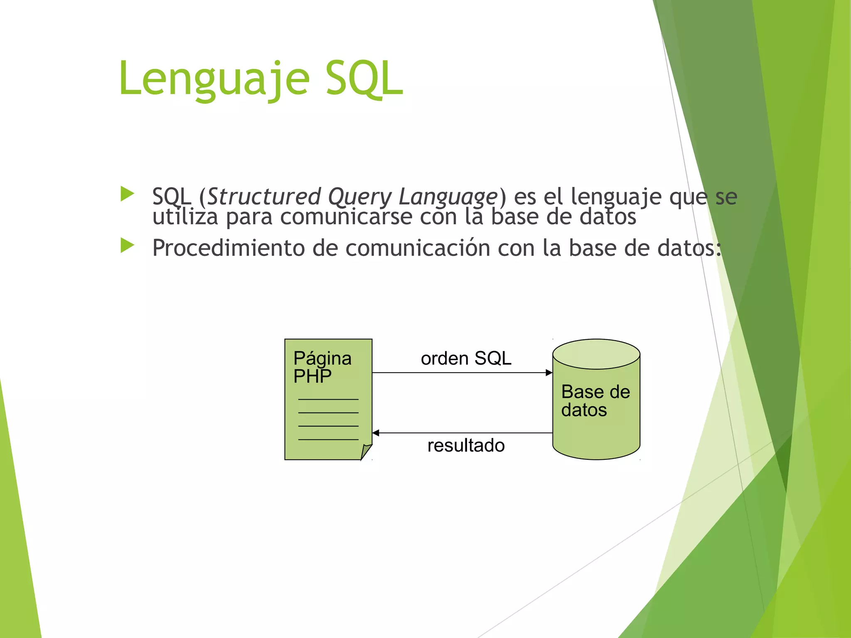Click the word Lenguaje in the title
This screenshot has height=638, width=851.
point(214,79)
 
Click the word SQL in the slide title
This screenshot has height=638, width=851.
point(364,79)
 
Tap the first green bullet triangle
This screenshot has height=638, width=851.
point(127,194)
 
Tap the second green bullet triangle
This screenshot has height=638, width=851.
point(127,245)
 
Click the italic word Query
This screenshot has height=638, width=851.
point(360,196)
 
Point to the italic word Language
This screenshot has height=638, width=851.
point(448,196)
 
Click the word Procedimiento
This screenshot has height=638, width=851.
point(229,248)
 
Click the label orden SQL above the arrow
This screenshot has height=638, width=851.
point(466,358)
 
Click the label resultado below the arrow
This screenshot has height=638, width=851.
point(466,446)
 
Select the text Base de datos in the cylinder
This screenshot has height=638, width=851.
point(595,401)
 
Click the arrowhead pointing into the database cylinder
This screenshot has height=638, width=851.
point(549,373)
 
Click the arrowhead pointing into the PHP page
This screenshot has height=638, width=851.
point(376,433)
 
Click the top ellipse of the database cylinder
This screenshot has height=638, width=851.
point(596,354)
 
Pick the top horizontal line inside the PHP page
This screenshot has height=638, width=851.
point(328,400)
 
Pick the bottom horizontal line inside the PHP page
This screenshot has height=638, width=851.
point(328,439)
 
